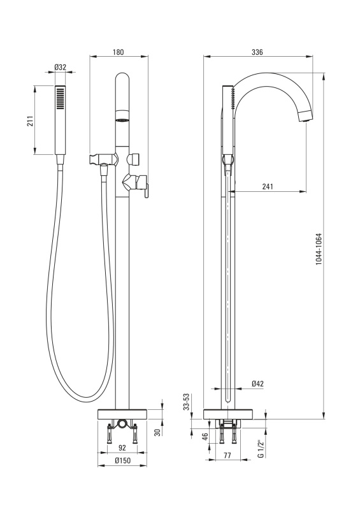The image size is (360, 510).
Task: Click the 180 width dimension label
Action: [x=118, y=52]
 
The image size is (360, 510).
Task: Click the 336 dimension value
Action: [x=257, y=52]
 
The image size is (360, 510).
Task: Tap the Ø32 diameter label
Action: [x=60, y=68]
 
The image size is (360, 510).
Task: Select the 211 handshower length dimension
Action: [x=30, y=121]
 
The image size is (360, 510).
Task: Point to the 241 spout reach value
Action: [x=268, y=186]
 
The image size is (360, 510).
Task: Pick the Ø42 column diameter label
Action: [x=257, y=384]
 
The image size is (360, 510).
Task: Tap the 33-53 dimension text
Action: [x=186, y=402]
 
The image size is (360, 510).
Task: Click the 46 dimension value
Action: [x=205, y=437]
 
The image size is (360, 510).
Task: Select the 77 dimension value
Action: [x=227, y=455]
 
